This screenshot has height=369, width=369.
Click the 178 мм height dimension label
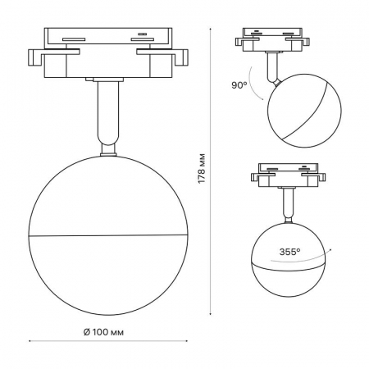coord(202,168)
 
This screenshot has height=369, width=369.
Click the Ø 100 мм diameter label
coord(103,332)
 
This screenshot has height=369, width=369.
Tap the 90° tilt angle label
coord(239,85)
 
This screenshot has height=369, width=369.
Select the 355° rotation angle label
coord(289,252)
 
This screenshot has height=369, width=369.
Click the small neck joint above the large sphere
coord(108,150)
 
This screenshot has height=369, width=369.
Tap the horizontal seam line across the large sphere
coord(108,235)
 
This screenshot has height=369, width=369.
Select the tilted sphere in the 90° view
coord(304,111)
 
